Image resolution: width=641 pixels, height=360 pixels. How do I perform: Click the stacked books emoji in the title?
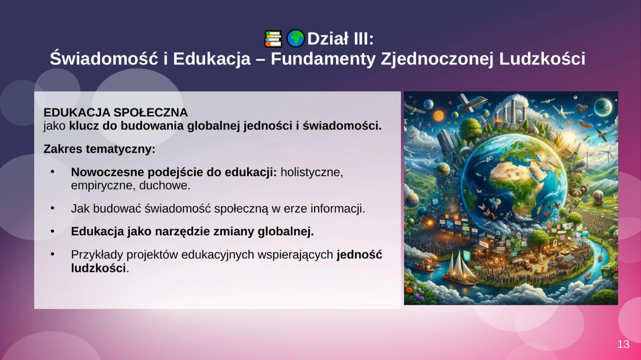(273, 39)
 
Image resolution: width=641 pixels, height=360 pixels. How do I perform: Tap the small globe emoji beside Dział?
(296, 39)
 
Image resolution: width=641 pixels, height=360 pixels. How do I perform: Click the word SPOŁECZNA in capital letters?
(151, 113)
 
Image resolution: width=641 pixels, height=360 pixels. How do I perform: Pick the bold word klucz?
(84, 126)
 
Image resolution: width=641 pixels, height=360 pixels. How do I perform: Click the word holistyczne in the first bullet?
(312, 172)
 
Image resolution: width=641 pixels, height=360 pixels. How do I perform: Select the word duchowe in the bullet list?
(165, 186)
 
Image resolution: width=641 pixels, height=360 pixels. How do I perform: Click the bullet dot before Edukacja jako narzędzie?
(52, 231)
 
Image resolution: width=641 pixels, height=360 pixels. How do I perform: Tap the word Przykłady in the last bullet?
(97, 255)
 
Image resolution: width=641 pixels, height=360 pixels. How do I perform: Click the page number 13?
(623, 344)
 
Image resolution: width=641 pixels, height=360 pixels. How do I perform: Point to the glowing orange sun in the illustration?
(438, 116)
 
